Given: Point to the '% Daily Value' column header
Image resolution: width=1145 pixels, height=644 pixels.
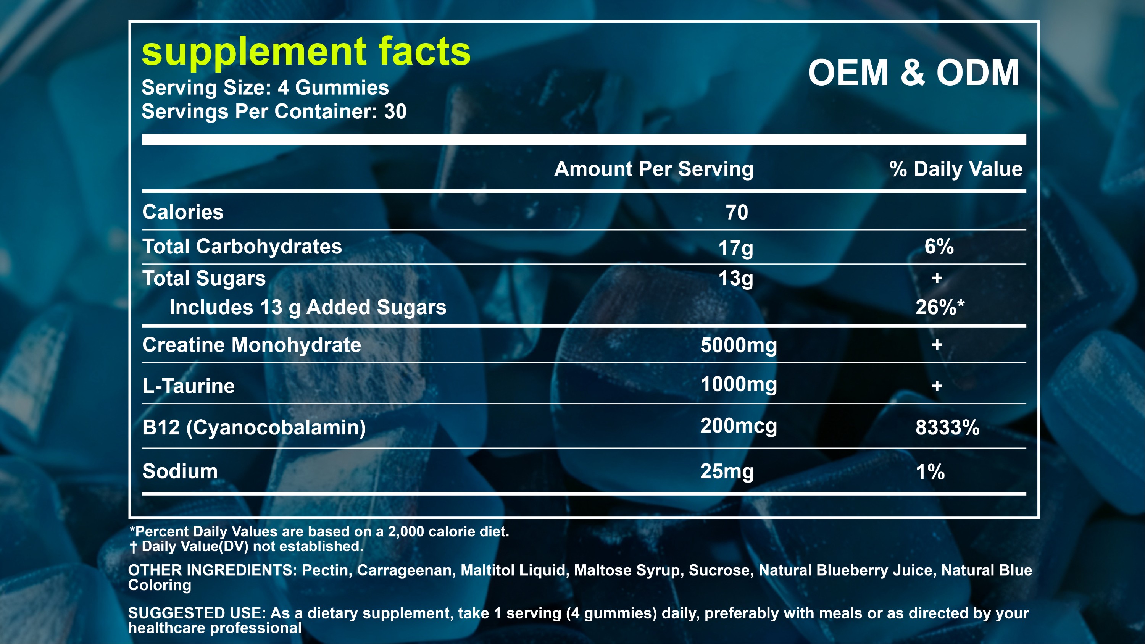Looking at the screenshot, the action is [956, 169].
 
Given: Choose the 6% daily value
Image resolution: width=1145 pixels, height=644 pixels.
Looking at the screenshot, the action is [939, 246].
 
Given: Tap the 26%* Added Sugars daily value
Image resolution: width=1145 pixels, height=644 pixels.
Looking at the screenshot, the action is [940, 307].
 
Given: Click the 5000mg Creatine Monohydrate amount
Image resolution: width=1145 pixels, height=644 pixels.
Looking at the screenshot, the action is [739, 345].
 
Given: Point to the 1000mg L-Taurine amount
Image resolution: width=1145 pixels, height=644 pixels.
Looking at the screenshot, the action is [739, 384].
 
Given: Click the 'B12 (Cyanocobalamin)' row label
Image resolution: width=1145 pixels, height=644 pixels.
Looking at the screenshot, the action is [254, 428].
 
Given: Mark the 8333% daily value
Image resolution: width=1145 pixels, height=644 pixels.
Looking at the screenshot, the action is [948, 428].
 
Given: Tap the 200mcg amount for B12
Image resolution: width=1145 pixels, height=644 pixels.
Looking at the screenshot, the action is [739, 426].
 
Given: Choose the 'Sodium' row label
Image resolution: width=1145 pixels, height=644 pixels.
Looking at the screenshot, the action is [180, 471].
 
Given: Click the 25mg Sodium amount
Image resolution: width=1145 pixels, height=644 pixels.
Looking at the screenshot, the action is [727, 471].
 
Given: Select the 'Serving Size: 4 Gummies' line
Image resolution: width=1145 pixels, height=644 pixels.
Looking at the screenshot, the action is [265, 87].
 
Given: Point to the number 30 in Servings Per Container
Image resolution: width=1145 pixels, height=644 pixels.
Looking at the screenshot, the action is [395, 111].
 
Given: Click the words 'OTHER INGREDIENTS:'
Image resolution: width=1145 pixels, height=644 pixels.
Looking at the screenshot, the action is [213, 570].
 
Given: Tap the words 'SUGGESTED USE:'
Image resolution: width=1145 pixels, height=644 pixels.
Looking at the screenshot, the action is [197, 613].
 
